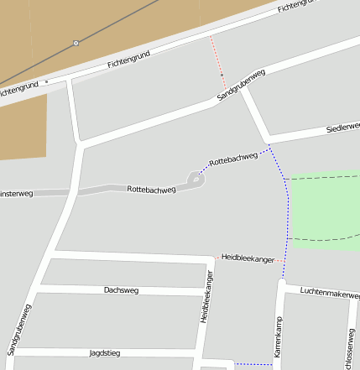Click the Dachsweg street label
(121, 290)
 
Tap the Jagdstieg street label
(105, 353)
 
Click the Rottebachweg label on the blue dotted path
(233, 159)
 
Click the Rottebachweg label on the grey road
(151, 190)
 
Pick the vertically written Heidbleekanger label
(206, 297)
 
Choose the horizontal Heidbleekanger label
(248, 259)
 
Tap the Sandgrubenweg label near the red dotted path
(241, 86)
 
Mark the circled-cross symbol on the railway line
(76, 42)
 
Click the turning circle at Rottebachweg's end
(196, 178)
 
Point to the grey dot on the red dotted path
(222, 75)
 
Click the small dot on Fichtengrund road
(47, 81)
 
